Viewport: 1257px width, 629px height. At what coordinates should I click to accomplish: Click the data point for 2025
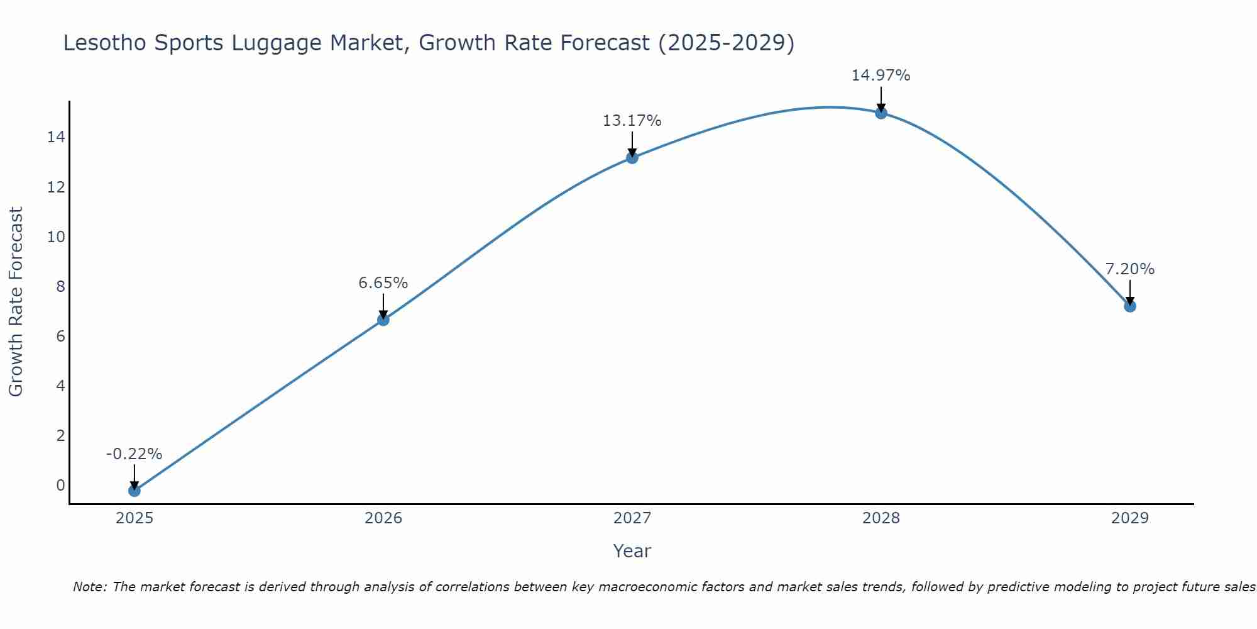pos(134,491)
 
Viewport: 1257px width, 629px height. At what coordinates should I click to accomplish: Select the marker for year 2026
pos(383,320)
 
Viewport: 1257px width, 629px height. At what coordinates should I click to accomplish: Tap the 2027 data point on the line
pos(632,157)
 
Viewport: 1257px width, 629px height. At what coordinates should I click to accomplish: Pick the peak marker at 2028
pos(881,113)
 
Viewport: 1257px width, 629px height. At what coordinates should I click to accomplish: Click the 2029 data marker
pos(1129,306)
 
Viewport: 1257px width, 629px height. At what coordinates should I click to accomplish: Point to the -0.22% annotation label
pos(134,454)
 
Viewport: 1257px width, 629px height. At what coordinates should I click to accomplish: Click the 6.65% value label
pos(383,283)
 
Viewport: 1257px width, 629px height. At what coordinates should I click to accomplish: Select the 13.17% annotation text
pos(632,121)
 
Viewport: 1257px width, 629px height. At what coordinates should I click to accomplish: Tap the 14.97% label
pos(881,75)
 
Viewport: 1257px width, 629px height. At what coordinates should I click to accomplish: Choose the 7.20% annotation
pos(1129,269)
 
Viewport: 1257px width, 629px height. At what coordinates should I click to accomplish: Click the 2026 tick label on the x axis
pos(383,518)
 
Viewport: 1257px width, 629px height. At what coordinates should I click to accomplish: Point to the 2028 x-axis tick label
pos(881,518)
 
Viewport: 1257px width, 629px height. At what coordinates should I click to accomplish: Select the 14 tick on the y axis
pos(56,137)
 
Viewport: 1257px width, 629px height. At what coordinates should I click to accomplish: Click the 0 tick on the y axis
pos(60,485)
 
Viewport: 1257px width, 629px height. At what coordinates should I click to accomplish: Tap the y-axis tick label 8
pos(60,286)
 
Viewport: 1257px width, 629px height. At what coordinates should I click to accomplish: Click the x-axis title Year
pos(632,551)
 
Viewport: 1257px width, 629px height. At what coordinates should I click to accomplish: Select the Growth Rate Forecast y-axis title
pos(16,301)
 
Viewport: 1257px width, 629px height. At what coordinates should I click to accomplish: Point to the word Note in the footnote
pos(91,587)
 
